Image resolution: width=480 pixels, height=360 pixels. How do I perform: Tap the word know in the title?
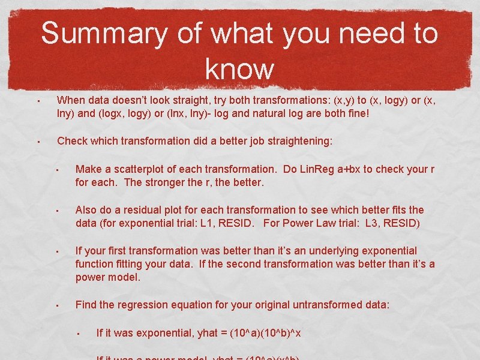tap(239, 69)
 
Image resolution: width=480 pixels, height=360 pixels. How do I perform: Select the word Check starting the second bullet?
tap(73, 142)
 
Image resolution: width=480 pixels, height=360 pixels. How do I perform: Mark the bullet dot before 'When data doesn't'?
tap(37, 101)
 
